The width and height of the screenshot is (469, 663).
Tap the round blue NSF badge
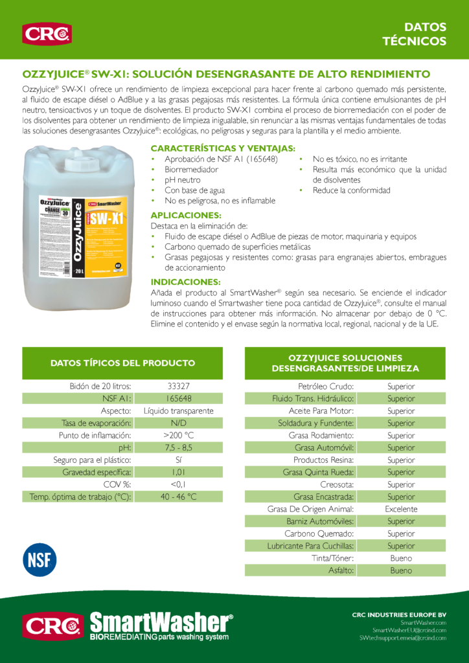[40, 560]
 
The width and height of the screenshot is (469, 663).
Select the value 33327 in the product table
[178, 387]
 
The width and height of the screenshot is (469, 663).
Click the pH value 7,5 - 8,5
[178, 447]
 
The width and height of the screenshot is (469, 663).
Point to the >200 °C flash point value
[178, 435]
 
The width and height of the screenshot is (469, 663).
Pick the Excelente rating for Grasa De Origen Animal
[401, 509]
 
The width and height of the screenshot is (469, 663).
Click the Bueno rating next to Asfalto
[401, 570]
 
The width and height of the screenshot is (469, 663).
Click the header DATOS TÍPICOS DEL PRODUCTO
[122, 363]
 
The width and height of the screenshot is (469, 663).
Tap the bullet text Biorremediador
[191, 170]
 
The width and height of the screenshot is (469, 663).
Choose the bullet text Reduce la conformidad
[351, 190]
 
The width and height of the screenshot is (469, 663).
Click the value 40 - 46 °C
[178, 497]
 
